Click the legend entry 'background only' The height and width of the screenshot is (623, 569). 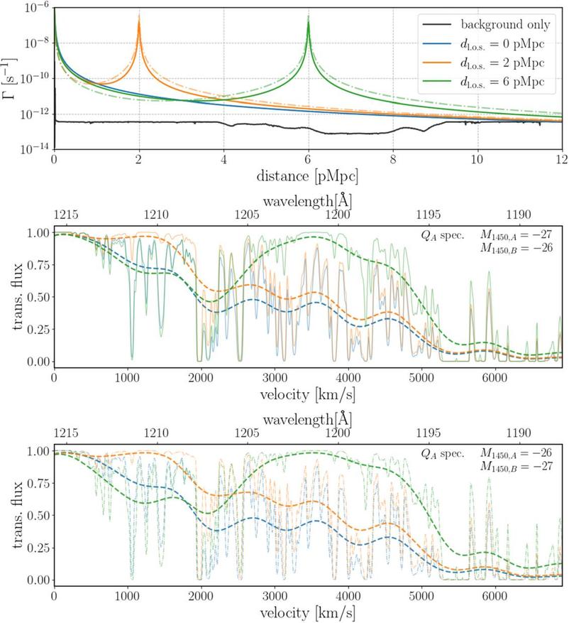click(x=487, y=25)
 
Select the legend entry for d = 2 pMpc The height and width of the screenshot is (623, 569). click(x=484, y=63)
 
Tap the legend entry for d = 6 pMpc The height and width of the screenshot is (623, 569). click(x=484, y=82)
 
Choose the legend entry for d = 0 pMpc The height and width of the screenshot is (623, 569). click(x=484, y=44)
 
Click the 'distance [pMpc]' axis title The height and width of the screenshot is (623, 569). click(x=307, y=176)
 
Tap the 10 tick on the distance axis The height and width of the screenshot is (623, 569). click(x=477, y=160)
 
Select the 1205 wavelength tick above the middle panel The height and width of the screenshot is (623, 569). click(x=247, y=215)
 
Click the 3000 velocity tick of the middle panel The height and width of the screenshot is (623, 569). click(x=275, y=377)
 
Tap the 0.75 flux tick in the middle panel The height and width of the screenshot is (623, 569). click(x=38, y=265)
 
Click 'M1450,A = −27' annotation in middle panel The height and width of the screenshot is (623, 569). click(x=516, y=235)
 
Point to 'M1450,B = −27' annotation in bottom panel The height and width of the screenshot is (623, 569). click(x=516, y=466)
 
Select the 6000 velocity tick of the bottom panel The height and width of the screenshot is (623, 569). click(x=495, y=596)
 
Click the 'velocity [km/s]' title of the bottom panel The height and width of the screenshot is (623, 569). click(x=307, y=612)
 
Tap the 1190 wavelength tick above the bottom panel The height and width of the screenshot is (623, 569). click(x=519, y=433)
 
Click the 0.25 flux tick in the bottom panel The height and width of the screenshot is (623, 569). click(x=38, y=548)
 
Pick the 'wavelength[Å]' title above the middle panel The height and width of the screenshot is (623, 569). click(x=307, y=202)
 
